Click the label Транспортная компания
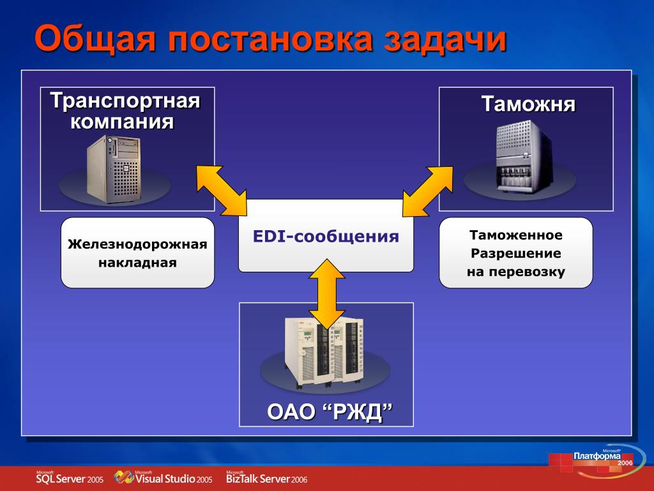point(125,111)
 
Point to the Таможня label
point(528,104)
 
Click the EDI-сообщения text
point(326,237)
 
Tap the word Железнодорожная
point(137,245)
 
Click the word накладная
point(137,263)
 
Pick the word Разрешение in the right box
point(516,253)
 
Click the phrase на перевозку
point(516,272)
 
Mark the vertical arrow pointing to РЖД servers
point(327,294)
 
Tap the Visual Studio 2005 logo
point(163,478)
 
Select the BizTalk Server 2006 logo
point(266,478)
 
